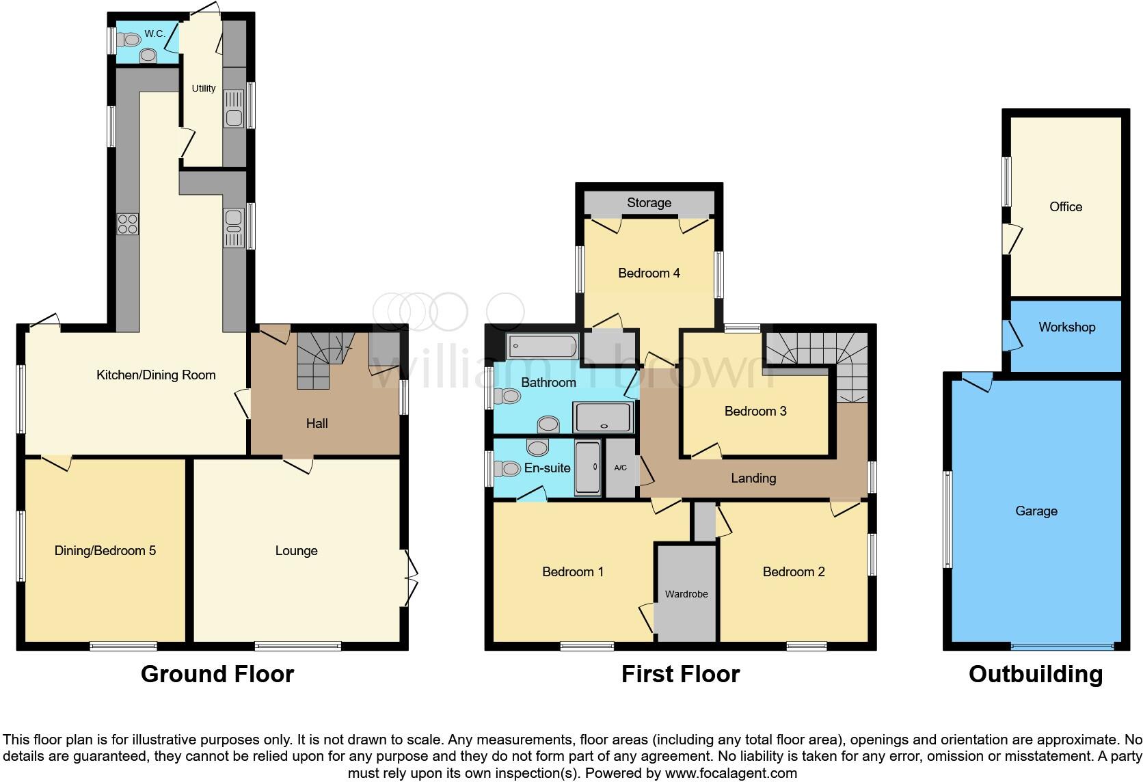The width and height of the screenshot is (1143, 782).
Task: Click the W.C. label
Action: click(x=154, y=33)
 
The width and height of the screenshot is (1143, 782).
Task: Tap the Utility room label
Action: click(x=203, y=88)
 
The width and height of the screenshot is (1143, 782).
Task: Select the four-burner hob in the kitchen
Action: click(x=128, y=224)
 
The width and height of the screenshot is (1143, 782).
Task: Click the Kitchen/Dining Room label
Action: click(x=156, y=375)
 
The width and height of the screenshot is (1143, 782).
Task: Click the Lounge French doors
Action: click(x=410, y=578)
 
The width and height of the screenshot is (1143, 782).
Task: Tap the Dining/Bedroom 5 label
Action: click(x=105, y=550)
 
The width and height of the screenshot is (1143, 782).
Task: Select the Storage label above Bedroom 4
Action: click(x=649, y=203)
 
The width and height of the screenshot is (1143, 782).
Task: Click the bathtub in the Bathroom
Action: click(x=543, y=347)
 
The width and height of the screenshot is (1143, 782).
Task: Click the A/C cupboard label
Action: click(x=620, y=468)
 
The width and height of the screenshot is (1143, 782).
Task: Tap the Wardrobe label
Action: click(x=686, y=594)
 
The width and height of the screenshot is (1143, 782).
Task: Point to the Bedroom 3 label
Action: click(x=755, y=411)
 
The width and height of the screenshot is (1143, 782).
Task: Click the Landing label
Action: click(x=753, y=478)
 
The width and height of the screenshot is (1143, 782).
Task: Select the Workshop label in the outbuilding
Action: click(x=1066, y=327)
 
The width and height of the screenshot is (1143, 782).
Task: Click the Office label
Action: click(x=1066, y=206)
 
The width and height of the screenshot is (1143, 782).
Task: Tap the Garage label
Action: click(x=1036, y=511)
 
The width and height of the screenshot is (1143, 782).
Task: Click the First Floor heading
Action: click(x=680, y=674)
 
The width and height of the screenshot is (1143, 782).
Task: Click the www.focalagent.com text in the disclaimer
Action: click(x=731, y=773)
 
